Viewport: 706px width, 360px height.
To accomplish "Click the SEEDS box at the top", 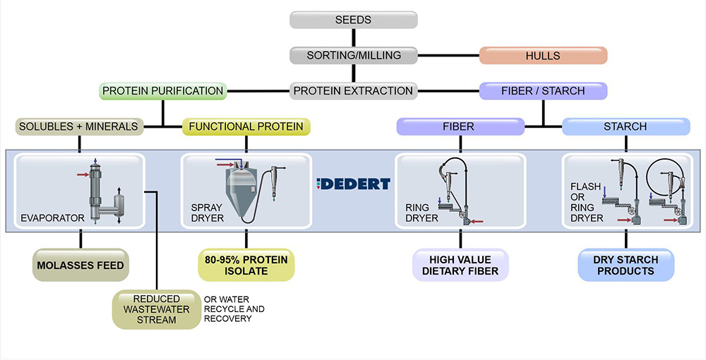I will pos(353,19).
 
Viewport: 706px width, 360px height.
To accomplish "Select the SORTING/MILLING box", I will pos(353,55).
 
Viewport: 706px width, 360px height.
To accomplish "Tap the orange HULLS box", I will pos(542,55).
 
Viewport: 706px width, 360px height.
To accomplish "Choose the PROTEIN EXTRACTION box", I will pos(353,90).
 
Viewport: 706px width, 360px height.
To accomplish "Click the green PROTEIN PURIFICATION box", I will pos(163,90).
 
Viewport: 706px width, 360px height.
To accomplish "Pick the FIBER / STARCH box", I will pos(542,90).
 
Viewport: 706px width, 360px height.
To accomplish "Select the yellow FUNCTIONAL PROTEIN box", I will pos(246,126).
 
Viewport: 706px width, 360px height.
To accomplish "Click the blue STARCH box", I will pos(626,126).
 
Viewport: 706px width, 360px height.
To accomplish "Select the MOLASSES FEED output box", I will pos(79,265).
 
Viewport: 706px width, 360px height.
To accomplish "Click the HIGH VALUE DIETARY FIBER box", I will pos(460,265).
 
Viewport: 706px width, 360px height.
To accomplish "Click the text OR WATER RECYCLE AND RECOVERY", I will pos(234,308).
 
